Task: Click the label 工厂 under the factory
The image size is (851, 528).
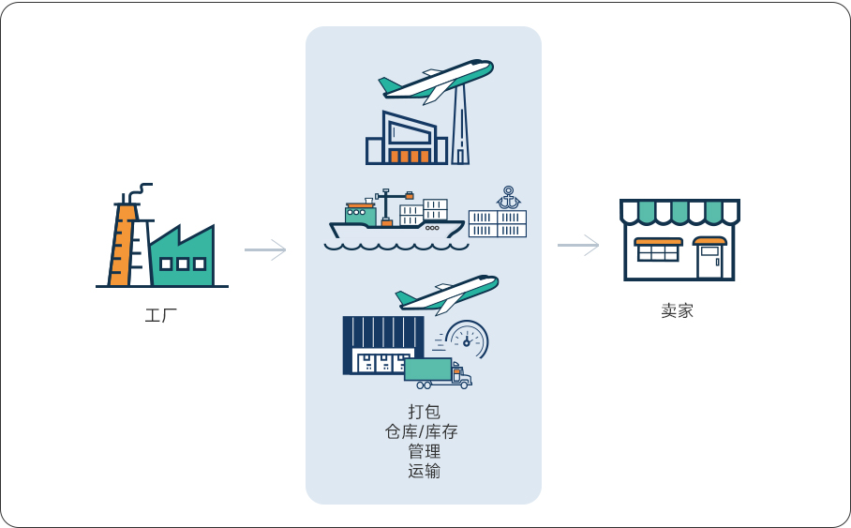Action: (161, 315)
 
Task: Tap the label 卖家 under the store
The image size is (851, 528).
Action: (677, 311)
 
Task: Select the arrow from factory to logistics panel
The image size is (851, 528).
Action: (265, 249)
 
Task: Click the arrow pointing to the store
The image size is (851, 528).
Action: (578, 245)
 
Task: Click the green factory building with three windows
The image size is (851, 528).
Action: (184, 259)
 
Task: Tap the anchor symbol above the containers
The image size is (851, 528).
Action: (508, 197)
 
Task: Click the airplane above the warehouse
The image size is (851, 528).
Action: (446, 293)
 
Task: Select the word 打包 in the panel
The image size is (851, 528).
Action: (424, 412)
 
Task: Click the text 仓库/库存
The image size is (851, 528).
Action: (424, 431)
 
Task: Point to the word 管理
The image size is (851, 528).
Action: (424, 451)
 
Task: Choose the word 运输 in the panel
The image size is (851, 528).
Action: (424, 471)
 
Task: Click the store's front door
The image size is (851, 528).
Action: (709, 260)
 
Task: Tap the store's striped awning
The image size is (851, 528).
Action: (679, 212)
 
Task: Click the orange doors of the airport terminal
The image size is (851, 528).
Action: (410, 157)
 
